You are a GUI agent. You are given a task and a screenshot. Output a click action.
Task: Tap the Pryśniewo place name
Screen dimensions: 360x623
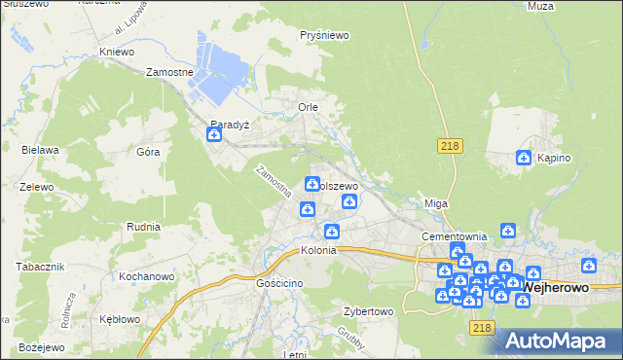tap(325, 35)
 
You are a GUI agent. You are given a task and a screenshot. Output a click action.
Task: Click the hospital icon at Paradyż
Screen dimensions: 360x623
tap(214, 136)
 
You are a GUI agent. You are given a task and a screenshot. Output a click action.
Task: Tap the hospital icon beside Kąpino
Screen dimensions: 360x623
tap(524, 158)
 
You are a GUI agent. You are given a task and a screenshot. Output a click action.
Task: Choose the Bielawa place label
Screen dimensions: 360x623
tap(41, 150)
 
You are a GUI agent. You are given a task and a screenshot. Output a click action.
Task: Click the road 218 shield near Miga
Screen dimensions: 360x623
tap(449, 145)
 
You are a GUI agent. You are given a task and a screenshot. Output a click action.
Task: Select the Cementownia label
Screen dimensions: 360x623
tap(454, 236)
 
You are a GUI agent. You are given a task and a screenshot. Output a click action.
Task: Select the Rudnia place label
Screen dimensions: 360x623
tap(143, 226)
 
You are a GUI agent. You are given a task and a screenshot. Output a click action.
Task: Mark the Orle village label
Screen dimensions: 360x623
tap(308, 107)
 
